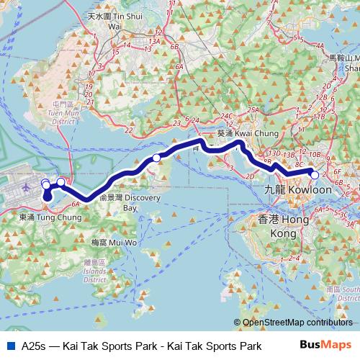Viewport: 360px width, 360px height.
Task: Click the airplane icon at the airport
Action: tap(27, 187)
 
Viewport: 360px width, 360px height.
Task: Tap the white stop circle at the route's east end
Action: tap(315, 174)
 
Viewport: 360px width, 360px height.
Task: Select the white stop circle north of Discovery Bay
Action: tap(156, 158)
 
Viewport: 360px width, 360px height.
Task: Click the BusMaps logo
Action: tap(331, 346)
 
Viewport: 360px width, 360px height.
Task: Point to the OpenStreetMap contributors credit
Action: tap(295, 323)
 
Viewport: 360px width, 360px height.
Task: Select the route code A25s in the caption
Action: tap(33, 346)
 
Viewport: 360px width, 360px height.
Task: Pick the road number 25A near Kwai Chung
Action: tap(252, 110)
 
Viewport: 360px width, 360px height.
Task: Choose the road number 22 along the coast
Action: tap(128, 130)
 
